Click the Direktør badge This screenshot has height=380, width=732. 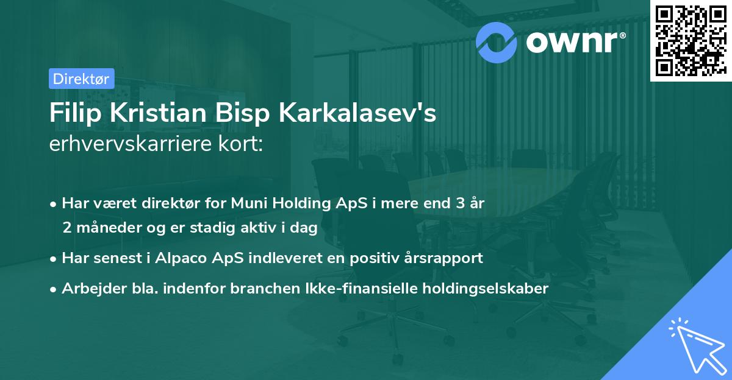point(81,79)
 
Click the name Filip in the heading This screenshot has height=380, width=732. point(71,114)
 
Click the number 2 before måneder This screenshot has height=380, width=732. point(66,228)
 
